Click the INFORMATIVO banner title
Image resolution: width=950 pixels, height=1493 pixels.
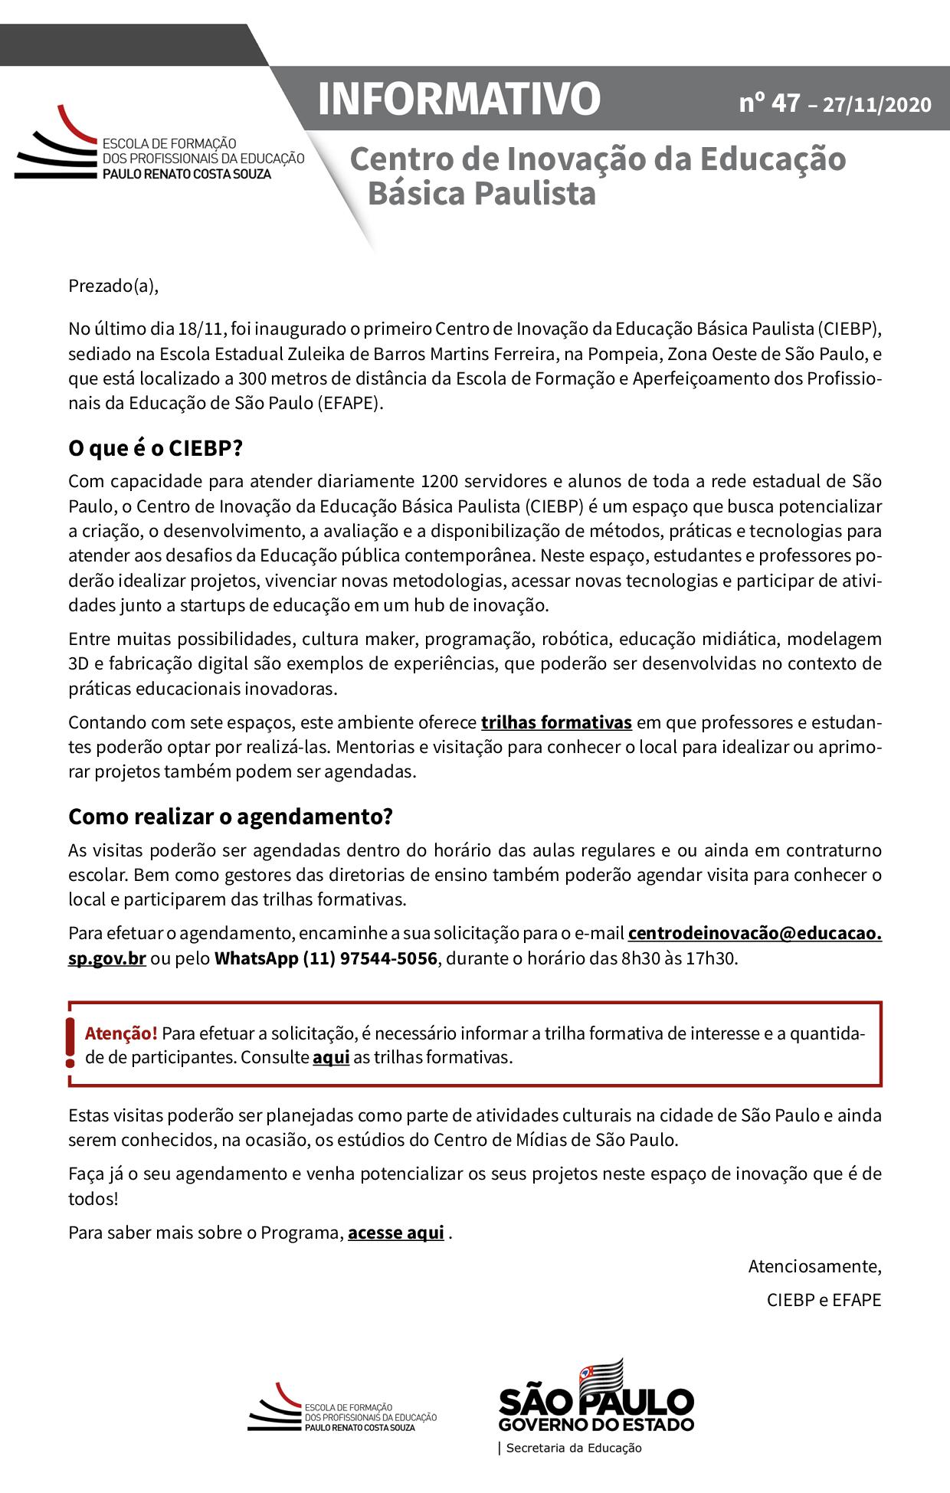459,99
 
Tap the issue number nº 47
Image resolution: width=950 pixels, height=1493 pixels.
769,103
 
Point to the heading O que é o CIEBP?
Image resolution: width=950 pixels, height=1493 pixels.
155,449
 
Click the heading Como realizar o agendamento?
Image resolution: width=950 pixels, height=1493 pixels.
231,817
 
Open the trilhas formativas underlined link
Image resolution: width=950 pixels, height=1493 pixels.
556,722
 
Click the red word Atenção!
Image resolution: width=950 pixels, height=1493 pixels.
121,1033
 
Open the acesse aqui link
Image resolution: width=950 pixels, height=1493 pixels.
395,1233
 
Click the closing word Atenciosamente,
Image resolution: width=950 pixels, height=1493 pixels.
814,1266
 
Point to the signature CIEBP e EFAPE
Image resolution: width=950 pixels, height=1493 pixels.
824,1300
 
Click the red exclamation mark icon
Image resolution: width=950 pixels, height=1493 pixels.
70,1043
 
